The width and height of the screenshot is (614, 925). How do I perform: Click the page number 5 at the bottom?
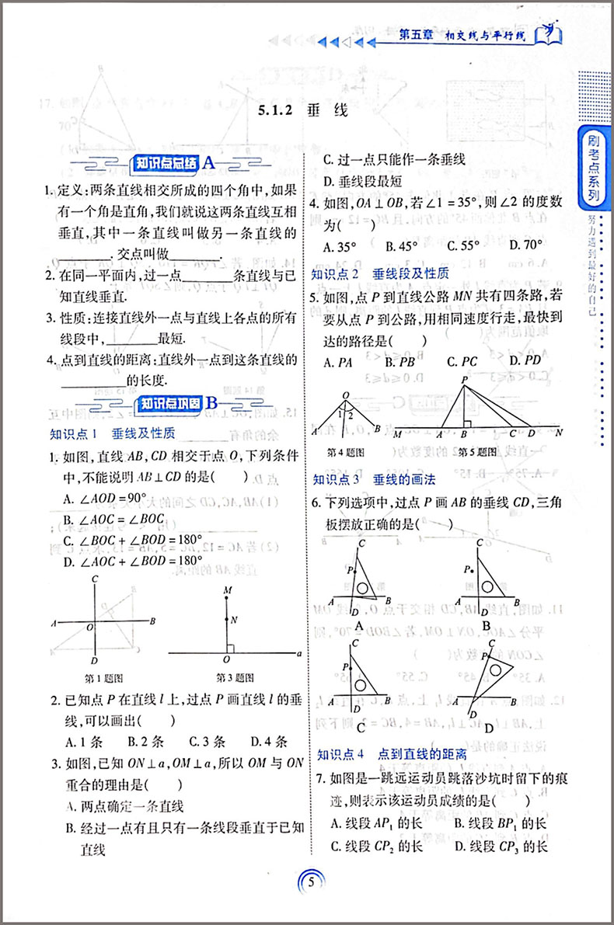[310, 882]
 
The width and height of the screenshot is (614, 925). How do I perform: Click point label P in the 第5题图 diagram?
[464, 380]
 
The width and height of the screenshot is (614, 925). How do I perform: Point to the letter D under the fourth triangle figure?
[488, 729]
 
